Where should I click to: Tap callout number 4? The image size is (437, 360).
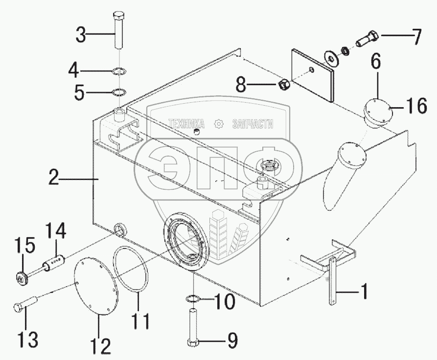point(74,71)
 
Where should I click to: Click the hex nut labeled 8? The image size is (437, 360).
point(284,86)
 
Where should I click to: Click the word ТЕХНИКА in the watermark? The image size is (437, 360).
point(187,124)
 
